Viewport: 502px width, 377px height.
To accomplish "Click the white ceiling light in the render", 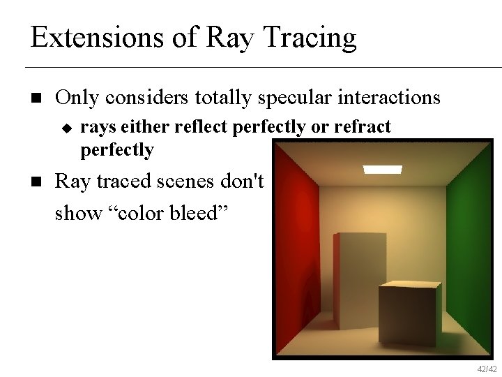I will coord(382,169).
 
